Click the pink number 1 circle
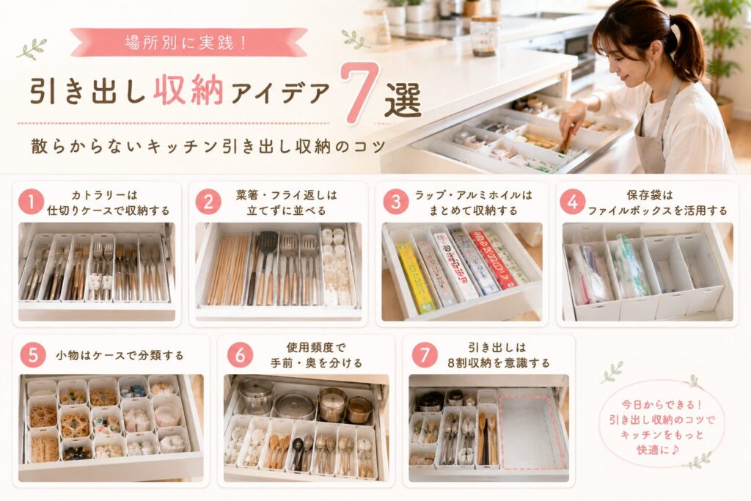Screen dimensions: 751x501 [x=31, y=202]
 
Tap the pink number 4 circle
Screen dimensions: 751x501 [x=572, y=202]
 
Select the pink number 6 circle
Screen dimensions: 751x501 [x=240, y=355]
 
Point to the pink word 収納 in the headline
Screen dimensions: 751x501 [x=188, y=90]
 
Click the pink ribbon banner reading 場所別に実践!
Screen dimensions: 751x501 [x=188, y=42]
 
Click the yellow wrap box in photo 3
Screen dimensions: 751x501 [x=414, y=278]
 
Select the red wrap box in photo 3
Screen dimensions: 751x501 [x=491, y=259]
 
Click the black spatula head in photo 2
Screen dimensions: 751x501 [x=267, y=244]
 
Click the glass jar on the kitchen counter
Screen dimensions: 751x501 [x=485, y=36]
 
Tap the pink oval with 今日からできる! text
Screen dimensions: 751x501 [x=662, y=427]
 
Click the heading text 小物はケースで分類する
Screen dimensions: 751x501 [x=120, y=356]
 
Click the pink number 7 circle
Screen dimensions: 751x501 [x=425, y=355]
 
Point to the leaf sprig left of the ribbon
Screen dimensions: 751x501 [x=32, y=49]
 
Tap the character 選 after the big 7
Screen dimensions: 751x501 [x=403, y=100]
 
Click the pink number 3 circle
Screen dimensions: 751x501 [x=395, y=202]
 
